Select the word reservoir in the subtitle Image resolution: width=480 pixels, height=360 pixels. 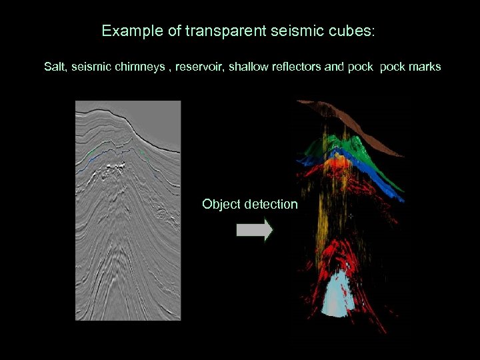[199, 67]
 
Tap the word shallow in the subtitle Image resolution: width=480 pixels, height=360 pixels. [249, 67]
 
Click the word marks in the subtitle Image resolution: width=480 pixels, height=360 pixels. [426, 67]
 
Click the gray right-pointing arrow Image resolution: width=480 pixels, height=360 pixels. [255, 230]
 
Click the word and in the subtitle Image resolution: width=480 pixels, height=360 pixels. [334, 67]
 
